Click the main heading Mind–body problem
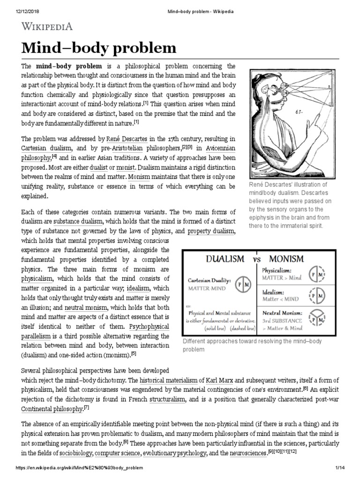98,48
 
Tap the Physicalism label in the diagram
277,270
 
